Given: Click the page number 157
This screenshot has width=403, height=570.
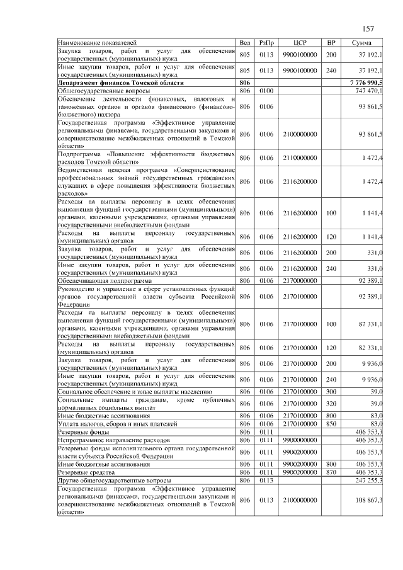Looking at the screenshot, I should (x=368, y=29).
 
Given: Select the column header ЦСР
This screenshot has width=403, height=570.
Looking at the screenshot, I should (x=300, y=42).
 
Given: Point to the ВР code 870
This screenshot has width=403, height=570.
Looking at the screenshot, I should (x=331, y=472).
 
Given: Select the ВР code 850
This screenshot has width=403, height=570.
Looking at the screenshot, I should (x=331, y=423).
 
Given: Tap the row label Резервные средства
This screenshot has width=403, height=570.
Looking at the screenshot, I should (x=86, y=472).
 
